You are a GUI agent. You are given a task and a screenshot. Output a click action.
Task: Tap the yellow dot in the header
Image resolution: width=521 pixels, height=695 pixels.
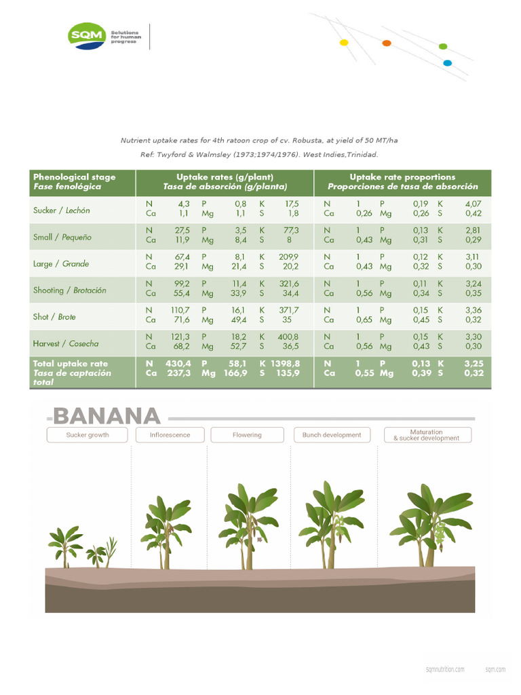[x=344, y=42]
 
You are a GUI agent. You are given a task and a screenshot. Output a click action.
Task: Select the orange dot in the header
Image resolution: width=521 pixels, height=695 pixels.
[x=387, y=43]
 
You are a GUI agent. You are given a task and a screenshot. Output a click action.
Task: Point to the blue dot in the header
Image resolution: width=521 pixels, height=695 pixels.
[x=447, y=63]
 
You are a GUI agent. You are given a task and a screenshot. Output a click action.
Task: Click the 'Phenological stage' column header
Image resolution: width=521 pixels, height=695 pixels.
[x=75, y=177]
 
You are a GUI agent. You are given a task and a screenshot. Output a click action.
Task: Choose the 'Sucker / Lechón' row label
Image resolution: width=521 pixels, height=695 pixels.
[x=62, y=210]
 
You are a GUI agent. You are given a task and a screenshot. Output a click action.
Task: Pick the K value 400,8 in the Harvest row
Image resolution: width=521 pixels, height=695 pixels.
[x=288, y=336]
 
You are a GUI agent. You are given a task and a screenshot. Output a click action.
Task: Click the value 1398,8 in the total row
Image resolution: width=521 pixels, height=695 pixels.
[x=285, y=364]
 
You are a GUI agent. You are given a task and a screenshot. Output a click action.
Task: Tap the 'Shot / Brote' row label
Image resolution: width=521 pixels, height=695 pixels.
[x=55, y=317]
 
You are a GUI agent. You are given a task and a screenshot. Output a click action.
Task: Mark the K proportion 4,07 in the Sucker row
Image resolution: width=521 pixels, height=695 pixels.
[x=472, y=203]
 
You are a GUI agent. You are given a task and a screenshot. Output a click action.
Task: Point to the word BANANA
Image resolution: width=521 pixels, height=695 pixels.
[x=107, y=415]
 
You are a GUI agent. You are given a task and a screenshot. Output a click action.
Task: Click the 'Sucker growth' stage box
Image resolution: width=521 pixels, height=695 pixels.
[x=88, y=434]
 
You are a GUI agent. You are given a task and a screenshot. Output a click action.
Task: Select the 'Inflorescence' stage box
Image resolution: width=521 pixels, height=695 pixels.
[x=170, y=434]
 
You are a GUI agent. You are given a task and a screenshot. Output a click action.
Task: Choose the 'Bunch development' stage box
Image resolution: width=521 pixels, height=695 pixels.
[x=332, y=434]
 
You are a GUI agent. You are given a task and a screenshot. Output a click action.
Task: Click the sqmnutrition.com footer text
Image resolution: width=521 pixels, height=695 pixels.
[x=445, y=669]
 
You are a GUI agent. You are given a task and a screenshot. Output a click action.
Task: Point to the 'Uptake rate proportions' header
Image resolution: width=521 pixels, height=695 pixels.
[x=402, y=177]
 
